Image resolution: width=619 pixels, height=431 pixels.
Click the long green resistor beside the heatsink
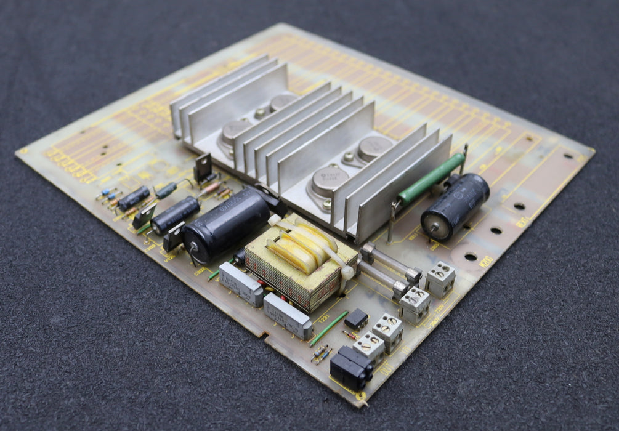tap(431, 179)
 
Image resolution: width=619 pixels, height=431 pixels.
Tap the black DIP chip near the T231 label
tap(356, 319)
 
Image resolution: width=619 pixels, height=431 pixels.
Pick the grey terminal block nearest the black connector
tap(368, 345)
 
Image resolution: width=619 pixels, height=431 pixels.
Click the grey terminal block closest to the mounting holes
tap(440, 279)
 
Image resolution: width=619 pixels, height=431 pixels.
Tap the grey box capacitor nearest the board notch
tap(287, 315)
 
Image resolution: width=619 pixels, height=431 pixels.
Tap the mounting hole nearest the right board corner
tap(567, 156)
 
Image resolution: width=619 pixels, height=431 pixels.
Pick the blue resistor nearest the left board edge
tap(107, 193)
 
